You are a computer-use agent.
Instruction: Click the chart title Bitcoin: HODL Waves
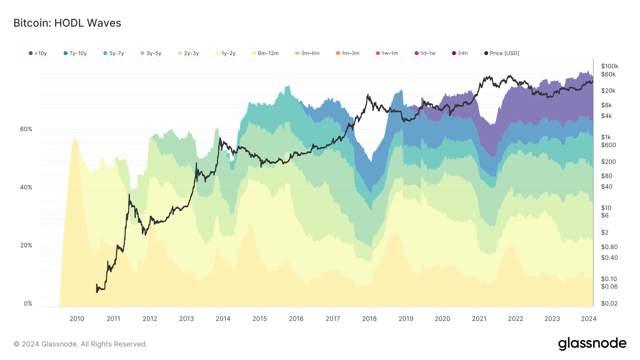tap(67, 23)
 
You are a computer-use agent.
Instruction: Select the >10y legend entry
tap(38, 53)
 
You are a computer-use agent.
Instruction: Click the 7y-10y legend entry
tap(75, 53)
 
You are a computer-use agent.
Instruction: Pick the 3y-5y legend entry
tap(151, 53)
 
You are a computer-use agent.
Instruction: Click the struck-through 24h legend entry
tap(460, 53)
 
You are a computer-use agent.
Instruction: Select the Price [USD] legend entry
tap(502, 53)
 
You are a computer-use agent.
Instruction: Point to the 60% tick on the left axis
tap(26, 129)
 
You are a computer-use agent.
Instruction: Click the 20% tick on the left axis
tap(26, 246)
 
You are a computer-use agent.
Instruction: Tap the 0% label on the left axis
tap(28, 304)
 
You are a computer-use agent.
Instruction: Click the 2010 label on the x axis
tap(77, 319)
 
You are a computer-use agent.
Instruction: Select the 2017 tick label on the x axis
tap(333, 319)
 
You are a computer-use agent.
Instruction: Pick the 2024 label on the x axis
tap(588, 319)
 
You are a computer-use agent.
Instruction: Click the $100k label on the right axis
tap(609, 66)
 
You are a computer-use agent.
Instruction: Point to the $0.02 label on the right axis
tap(609, 303)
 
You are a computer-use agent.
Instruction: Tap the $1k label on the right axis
tap(606, 137)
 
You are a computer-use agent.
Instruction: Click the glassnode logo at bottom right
tap(592, 344)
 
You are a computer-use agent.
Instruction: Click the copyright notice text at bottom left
tap(80, 344)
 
